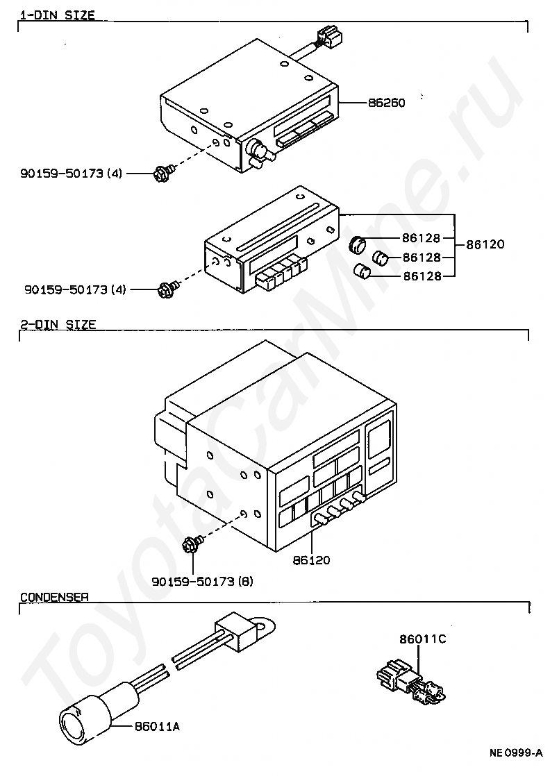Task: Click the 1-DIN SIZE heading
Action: pyautogui.click(x=57, y=15)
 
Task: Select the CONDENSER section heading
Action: pyautogui.click(x=53, y=596)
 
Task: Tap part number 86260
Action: pyautogui.click(x=386, y=103)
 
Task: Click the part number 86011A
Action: pyautogui.click(x=156, y=726)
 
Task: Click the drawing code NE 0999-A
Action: pyautogui.click(x=515, y=753)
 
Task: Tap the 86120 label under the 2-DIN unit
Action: pyautogui.click(x=312, y=559)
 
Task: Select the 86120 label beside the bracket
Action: pyautogui.click(x=485, y=244)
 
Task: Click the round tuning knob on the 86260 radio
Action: pyautogui.click(x=258, y=148)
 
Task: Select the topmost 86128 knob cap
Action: pyautogui.click(x=358, y=244)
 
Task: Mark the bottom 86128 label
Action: pyautogui.click(x=422, y=276)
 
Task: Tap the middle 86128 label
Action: pyautogui.click(x=422, y=258)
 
